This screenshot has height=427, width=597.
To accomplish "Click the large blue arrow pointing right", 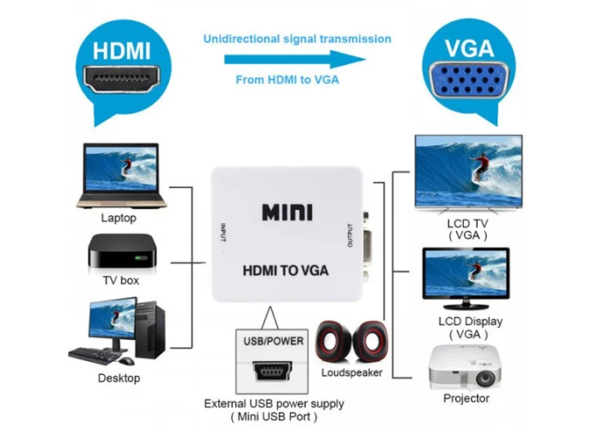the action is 295,60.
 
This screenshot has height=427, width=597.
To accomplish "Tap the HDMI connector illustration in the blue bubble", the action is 122,79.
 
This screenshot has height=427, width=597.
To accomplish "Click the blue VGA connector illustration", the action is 469,79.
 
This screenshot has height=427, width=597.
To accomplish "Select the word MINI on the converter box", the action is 287,213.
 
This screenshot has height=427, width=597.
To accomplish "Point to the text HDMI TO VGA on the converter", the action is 286,271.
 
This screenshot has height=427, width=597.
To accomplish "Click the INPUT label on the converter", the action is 223,232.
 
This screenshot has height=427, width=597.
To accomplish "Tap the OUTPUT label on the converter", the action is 350,235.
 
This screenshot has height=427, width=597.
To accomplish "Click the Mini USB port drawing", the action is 273,371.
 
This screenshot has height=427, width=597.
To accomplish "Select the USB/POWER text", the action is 274,341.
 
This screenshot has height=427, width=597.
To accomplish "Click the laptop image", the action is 121,176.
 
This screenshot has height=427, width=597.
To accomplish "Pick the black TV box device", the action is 122,252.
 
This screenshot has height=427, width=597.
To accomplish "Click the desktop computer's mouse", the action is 126,360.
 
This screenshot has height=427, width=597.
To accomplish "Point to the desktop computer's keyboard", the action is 95,355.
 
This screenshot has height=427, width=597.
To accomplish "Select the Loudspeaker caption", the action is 351,372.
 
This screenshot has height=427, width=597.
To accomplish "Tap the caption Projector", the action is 467,399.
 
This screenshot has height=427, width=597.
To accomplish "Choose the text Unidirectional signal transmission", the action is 298,39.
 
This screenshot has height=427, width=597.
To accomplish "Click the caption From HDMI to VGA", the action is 287,79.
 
